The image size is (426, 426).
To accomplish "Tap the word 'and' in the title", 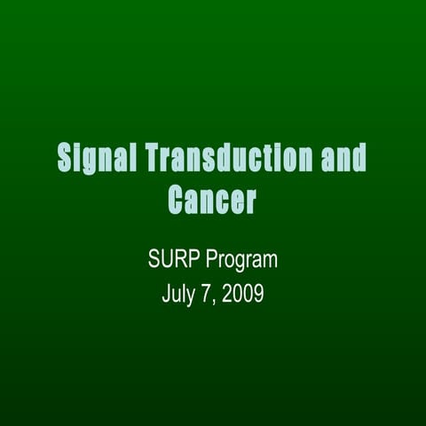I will tap(343, 159).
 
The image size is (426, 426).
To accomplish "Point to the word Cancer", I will tap(212, 201).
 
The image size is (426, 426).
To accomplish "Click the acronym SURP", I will tap(174, 261).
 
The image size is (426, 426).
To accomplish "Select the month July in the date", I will tap(178, 294).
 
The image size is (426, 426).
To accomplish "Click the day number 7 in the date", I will tap(206, 294).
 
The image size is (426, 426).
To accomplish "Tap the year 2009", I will tap(243, 294).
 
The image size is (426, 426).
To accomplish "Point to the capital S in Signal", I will tap(66, 159).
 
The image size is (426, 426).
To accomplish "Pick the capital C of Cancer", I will tap(177, 201).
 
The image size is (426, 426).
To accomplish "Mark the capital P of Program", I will tap(212, 261).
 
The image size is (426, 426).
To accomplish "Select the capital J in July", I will tap(166, 294).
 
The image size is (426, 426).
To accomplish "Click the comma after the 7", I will tap(214, 301).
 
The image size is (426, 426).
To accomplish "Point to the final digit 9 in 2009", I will tap(258, 294).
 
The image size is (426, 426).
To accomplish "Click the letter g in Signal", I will tap(93, 162).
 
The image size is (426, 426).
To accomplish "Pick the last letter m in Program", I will tap(271, 263).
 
